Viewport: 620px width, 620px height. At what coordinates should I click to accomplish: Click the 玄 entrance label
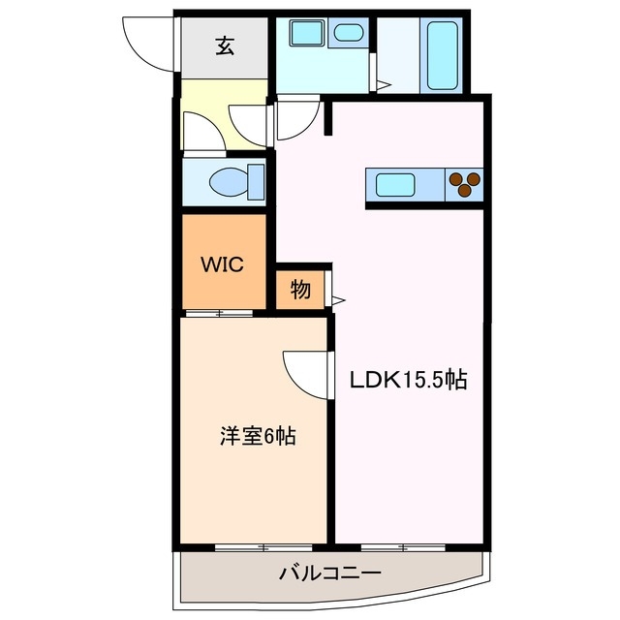[225, 46]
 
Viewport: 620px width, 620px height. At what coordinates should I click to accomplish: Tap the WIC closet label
[222, 264]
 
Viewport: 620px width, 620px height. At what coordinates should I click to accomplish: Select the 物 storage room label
[300, 290]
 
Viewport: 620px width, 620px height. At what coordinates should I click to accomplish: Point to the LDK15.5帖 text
[408, 380]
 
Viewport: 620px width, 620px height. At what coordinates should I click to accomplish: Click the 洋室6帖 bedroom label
[258, 436]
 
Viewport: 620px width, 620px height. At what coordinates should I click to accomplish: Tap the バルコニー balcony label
[330, 573]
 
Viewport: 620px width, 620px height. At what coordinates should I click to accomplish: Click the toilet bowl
[236, 183]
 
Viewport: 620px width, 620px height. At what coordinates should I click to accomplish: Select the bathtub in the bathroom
[443, 55]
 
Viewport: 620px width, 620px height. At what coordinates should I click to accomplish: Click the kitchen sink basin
[395, 185]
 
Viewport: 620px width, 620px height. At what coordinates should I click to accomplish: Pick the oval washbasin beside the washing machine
[349, 33]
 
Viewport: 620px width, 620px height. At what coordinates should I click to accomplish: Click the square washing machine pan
[307, 33]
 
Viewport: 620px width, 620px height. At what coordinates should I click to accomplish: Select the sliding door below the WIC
[219, 313]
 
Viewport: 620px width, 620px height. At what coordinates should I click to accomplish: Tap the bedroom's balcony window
[263, 548]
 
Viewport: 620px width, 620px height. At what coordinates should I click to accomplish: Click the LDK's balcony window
[403, 548]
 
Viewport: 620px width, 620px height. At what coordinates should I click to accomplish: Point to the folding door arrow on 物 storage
[338, 300]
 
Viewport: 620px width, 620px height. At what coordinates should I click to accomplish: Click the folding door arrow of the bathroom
[384, 84]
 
